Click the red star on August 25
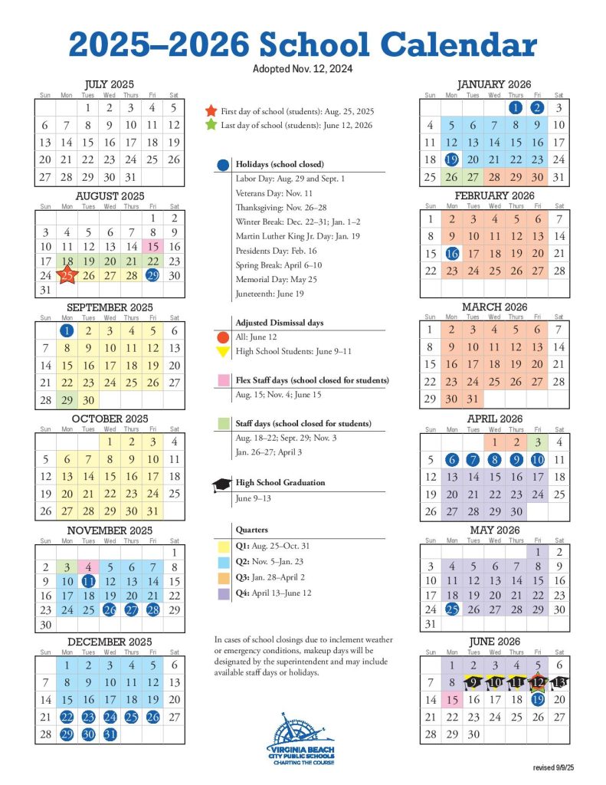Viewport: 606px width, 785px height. pos(67,276)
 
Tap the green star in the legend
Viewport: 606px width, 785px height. pos(211,125)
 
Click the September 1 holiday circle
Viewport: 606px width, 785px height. pos(67,331)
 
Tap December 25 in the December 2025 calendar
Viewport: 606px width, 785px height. pos(131,717)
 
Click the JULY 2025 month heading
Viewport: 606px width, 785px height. pos(110,84)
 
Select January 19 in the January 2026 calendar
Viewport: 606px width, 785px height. pos(451,159)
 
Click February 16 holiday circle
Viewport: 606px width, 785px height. pos(451,253)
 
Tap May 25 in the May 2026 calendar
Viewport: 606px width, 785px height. pos(451,609)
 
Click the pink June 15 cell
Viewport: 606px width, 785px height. pos(451,700)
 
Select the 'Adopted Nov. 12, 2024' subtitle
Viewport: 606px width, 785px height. pos(302,69)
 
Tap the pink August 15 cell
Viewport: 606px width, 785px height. pos(152,246)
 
